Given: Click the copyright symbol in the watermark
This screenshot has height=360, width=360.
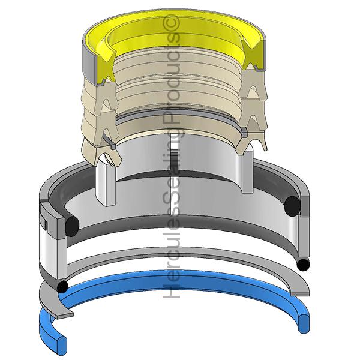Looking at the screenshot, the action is [171, 23].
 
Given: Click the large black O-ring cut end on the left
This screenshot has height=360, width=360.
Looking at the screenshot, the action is [72, 226].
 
